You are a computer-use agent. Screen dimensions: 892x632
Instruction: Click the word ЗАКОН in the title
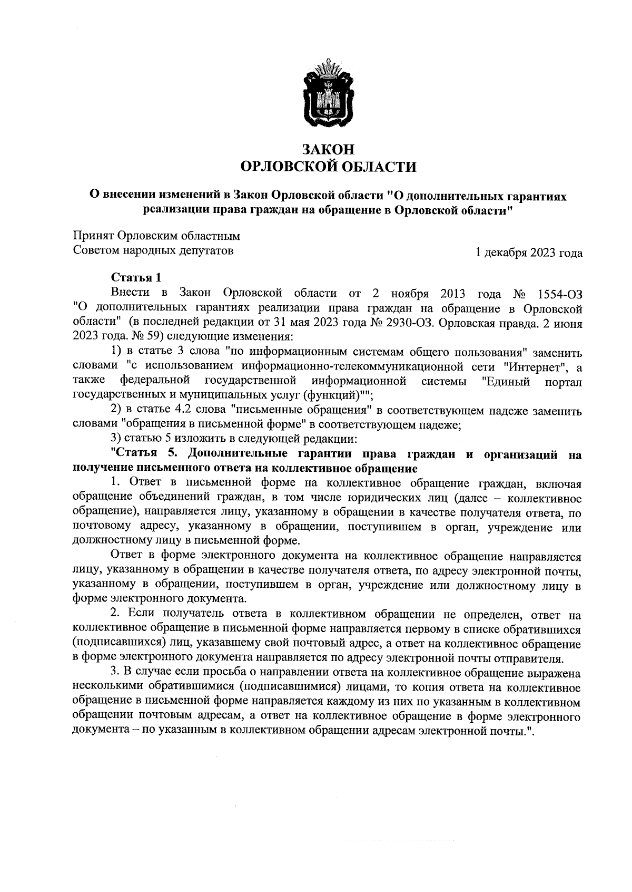[328, 150]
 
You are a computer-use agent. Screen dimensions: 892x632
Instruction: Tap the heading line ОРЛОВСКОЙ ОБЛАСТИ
[328, 167]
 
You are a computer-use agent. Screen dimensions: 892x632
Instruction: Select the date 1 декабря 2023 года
[528, 253]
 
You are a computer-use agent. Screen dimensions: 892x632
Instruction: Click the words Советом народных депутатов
[153, 250]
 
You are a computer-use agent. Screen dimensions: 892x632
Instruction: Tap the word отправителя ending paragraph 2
[531, 658]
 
